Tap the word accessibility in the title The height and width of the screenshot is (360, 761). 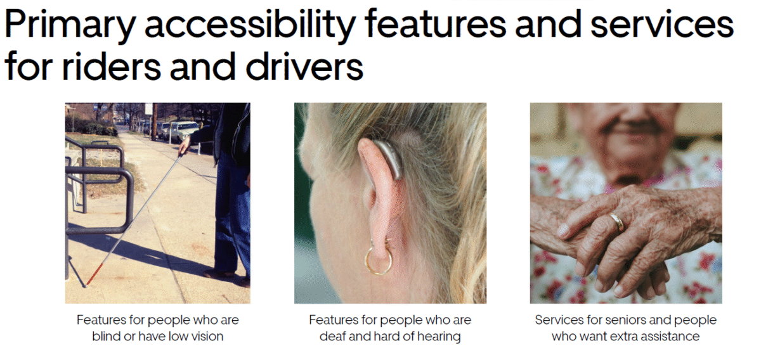(x=250, y=25)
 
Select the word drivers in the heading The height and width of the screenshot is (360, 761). (x=304, y=66)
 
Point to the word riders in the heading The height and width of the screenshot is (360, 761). (x=112, y=66)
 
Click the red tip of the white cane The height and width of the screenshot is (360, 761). (x=94, y=275)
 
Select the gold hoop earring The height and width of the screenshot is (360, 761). (x=378, y=259)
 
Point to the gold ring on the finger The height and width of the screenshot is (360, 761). (x=616, y=222)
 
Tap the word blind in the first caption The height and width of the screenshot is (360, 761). (x=106, y=336)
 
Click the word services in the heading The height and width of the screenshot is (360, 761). (x=662, y=25)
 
